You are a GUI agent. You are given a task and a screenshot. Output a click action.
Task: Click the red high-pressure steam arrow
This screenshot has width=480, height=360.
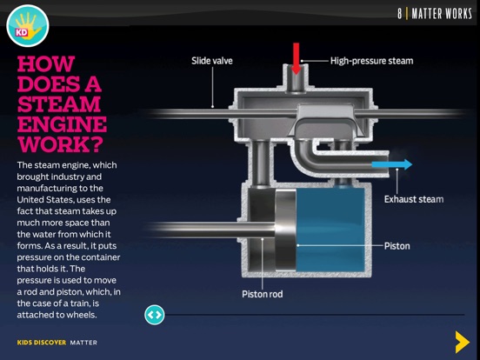tap(296, 58)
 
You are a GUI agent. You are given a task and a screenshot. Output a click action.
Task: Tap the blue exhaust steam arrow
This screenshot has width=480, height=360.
tap(392, 164)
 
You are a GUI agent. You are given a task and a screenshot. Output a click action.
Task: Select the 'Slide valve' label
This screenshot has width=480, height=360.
tap(212, 61)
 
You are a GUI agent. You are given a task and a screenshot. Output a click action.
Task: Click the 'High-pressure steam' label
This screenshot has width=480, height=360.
tap(371, 61)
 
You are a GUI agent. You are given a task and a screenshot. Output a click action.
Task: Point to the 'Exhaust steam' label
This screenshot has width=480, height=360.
tap(414, 199)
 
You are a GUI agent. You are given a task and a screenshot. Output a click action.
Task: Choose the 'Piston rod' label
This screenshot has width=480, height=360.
tap(263, 294)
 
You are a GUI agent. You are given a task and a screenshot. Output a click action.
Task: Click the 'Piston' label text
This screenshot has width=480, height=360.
tap(397, 246)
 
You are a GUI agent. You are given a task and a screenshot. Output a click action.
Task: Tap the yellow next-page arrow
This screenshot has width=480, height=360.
tap(463, 342)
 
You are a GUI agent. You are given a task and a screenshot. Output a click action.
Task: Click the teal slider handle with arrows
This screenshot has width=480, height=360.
tap(154, 315)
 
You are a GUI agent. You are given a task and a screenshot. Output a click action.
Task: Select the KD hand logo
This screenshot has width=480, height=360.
tap(28, 26)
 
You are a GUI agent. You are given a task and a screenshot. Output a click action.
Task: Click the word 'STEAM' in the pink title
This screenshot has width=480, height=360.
tap(59, 104)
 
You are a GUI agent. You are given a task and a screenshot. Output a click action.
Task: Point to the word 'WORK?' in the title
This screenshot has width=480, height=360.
tap(60, 144)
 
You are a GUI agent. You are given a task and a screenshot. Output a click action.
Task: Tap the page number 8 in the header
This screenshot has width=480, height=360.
tap(400, 14)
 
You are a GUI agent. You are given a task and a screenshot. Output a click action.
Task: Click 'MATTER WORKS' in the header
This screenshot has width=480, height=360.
tap(442, 14)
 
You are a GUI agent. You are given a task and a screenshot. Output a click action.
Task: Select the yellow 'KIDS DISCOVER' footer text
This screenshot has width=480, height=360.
tap(42, 343)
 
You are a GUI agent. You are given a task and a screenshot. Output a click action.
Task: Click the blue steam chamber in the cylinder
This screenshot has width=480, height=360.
tap(330, 230)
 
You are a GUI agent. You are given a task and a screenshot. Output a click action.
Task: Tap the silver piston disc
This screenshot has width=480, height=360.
tap(285, 230)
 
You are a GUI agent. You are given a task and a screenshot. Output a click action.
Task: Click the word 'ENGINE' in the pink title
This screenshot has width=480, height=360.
tap(62, 124)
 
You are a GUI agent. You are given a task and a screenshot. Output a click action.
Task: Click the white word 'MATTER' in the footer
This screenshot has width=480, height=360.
tap(83, 343)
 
